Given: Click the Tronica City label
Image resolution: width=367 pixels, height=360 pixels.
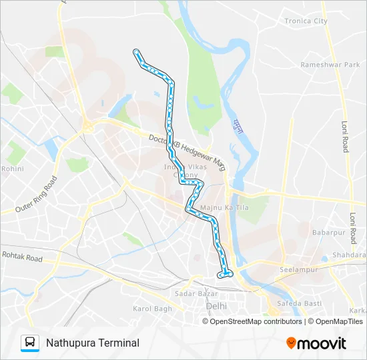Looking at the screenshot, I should tap(306, 21).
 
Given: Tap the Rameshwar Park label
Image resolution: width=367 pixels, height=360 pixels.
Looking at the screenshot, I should tap(330, 65).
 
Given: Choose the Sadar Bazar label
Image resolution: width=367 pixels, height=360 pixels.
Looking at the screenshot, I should tap(191, 294).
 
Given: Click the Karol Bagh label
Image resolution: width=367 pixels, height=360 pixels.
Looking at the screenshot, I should tap(152, 309).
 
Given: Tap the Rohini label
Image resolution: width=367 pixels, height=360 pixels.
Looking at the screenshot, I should tap(13, 169).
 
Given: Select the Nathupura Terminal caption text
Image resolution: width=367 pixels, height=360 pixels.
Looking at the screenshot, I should tap(93, 343).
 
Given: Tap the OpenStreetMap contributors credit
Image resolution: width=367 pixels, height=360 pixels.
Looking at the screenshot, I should tap(256, 321).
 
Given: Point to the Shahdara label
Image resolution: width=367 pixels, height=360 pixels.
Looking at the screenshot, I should tap(351, 255).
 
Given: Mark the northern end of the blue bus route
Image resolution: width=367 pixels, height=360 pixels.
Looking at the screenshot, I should tap(136, 51).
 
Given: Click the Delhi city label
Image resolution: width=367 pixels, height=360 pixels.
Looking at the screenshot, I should tap(216, 306).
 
